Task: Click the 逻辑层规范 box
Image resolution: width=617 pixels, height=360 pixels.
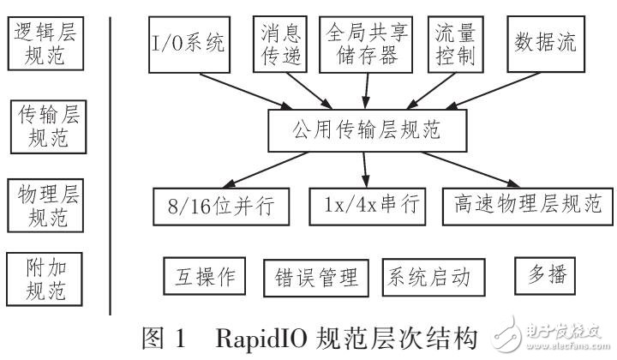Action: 49,45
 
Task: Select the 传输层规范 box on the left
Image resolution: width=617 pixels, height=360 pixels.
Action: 49,125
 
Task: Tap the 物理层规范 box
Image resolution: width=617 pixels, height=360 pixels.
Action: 49,203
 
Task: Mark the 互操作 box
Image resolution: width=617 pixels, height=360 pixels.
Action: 203,278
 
